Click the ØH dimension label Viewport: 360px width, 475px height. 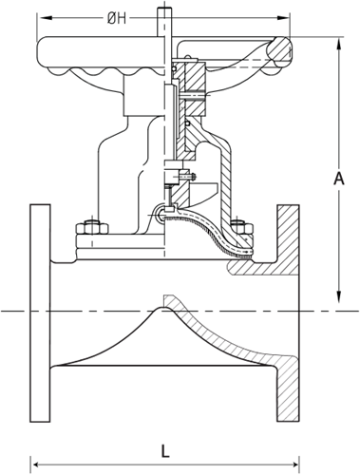click(117, 18)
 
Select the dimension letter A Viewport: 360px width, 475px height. click(339, 179)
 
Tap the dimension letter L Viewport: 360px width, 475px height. click(165, 451)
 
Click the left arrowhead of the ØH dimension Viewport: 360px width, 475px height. click(45, 18)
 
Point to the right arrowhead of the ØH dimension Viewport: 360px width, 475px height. click(282, 18)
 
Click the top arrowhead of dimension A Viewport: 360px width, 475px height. click(339, 45)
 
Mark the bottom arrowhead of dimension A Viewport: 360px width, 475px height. click(339, 295)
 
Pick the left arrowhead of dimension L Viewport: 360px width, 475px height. click(38, 465)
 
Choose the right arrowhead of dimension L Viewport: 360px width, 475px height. click(292, 465)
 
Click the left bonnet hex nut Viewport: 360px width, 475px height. click(92, 228)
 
